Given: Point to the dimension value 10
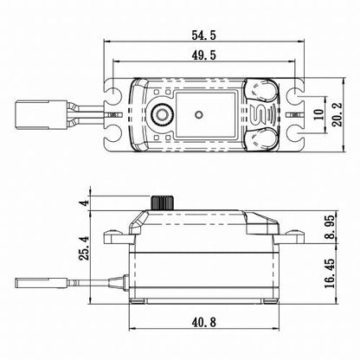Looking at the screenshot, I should click(x=319, y=114).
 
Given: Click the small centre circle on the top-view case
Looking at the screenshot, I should click(x=201, y=113).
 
